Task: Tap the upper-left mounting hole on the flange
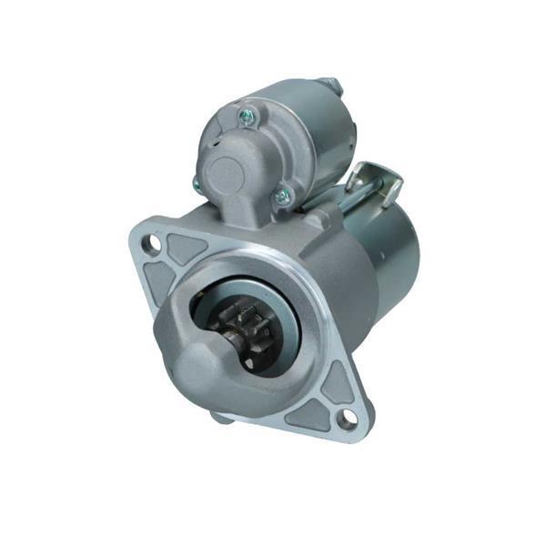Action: pyautogui.click(x=155, y=243)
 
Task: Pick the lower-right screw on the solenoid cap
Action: pyautogui.click(x=283, y=194)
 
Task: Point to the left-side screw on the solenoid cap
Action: pyautogui.click(x=197, y=185)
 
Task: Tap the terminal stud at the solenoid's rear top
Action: pyautogui.click(x=333, y=86)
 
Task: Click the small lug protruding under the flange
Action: pyautogui.click(x=221, y=417)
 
